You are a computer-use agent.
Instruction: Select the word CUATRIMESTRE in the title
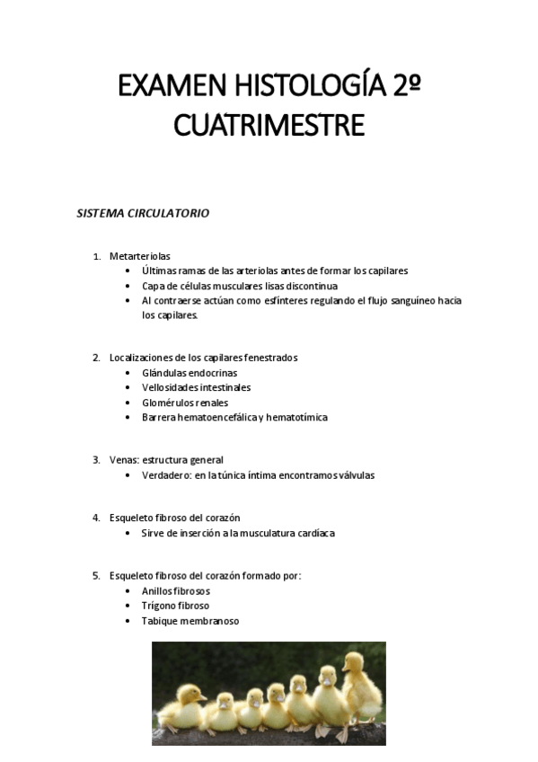[269, 125]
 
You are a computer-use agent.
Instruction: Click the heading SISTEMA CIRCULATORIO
[143, 214]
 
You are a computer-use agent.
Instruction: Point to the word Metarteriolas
[140, 256]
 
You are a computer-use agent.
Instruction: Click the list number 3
[95, 460]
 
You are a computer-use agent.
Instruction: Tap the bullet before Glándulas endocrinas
[130, 373]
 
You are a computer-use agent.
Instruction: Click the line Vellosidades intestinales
[196, 387]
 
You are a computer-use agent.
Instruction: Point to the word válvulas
[355, 475]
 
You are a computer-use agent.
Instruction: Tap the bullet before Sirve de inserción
[130, 533]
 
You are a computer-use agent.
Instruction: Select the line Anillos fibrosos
[175, 591]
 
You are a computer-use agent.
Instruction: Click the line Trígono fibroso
[175, 606]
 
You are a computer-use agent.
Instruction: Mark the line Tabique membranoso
[190, 621]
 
